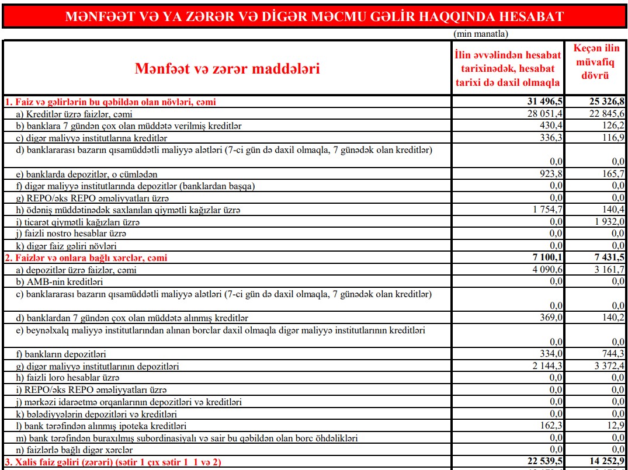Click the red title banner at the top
coord(314,16)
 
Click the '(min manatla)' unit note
coord(481,34)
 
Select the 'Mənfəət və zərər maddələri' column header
coord(227,69)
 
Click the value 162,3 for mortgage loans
coord(551,426)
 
